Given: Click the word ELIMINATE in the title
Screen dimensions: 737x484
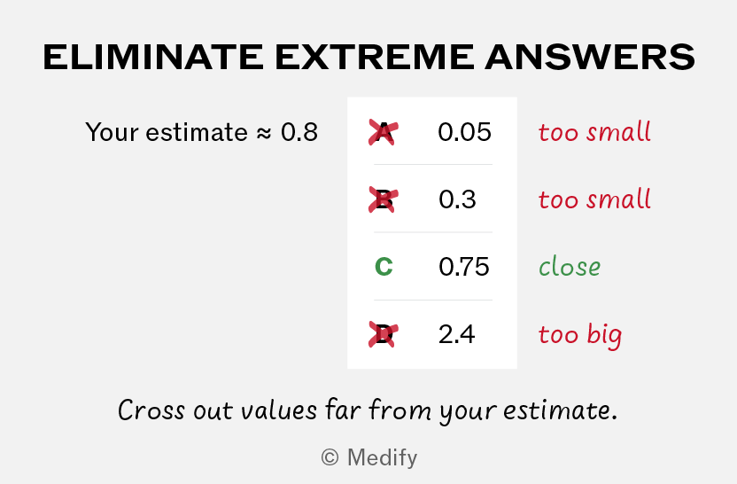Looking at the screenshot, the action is (153, 57).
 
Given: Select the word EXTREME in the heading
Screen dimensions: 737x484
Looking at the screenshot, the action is (375, 57).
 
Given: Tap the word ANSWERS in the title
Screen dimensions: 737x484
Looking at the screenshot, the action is (590, 57).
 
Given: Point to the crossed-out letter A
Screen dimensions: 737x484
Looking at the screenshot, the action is (384, 132).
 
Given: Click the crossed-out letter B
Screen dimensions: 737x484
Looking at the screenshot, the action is (384, 200).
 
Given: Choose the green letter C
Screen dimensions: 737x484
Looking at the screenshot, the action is (384, 267).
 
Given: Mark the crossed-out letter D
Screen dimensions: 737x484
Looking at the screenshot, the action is (384, 334).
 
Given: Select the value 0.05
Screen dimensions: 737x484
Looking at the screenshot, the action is (464, 132).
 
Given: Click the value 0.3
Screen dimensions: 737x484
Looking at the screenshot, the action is (457, 200).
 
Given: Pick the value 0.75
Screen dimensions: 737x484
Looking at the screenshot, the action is (464, 267).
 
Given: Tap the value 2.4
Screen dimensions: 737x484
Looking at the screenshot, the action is (456, 334).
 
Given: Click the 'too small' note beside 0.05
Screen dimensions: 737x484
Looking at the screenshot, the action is (594, 132).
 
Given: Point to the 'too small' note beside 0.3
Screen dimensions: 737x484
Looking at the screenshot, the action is (594, 199).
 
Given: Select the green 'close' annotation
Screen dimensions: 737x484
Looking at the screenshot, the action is (570, 267).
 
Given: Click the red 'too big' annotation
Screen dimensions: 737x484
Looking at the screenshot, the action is (580, 336).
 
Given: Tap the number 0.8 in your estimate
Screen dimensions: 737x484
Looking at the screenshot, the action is (299, 132).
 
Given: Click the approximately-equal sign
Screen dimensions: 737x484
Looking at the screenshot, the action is (264, 134).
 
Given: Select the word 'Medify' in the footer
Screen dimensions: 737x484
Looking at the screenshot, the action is (382, 457).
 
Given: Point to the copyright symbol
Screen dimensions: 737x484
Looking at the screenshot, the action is (330, 457).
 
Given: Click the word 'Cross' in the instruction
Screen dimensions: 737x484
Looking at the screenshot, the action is (151, 410).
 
